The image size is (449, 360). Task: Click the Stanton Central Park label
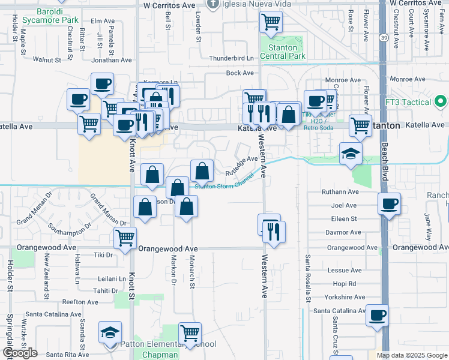coord(282,52)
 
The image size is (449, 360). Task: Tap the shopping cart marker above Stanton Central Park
coord(271,23)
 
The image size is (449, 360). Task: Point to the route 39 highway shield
coord(382,37)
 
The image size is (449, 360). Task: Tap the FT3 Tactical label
coord(415,103)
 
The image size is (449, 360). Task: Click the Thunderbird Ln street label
coord(231,58)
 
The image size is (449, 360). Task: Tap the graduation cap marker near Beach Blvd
coord(351,154)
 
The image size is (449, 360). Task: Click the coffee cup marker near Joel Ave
coord(389,204)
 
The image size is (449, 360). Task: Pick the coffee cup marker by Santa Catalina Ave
coord(377,316)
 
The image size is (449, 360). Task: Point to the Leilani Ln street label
coord(112,279)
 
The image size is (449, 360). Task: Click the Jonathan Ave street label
coord(112,60)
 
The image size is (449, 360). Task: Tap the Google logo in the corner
coord(19,353)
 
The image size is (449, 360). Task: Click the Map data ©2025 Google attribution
coord(412,355)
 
